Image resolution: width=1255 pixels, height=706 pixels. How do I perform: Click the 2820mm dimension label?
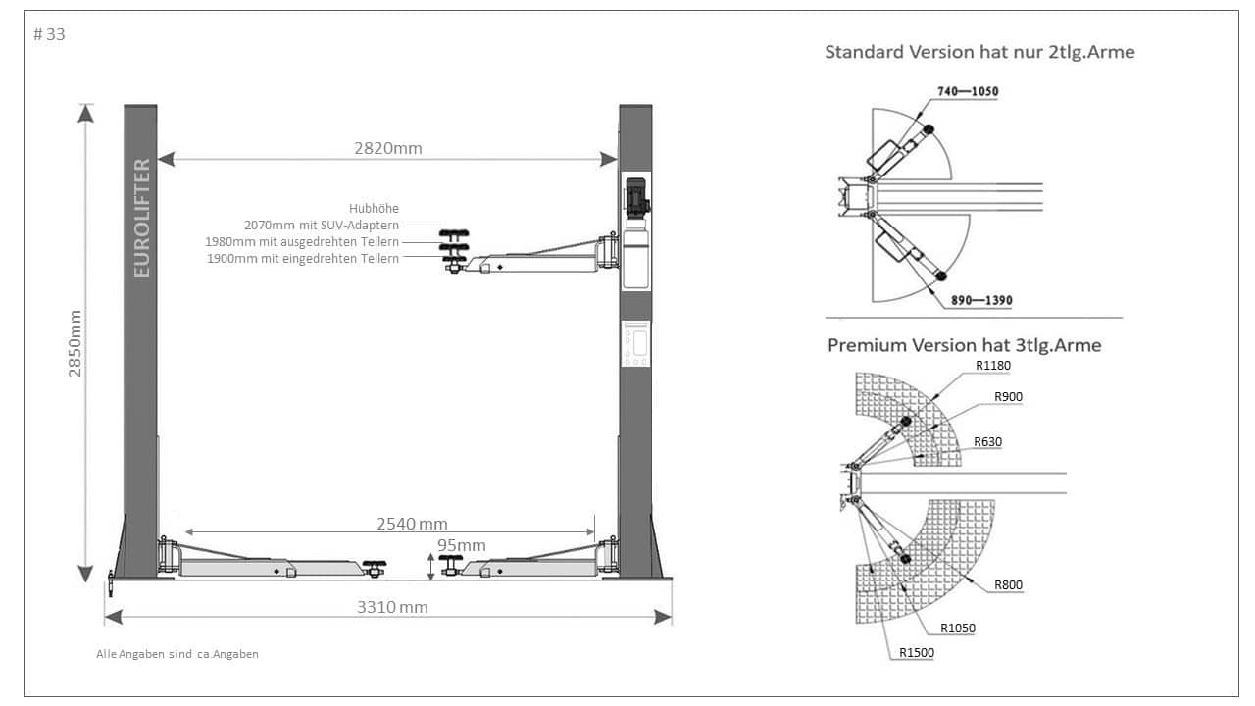(387, 148)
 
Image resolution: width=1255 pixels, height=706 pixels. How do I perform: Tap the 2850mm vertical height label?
(75, 343)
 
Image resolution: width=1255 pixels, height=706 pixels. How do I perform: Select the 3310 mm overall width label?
(392, 607)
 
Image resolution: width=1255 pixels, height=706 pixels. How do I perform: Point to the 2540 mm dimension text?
(412, 524)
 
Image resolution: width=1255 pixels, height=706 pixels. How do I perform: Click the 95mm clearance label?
(461, 545)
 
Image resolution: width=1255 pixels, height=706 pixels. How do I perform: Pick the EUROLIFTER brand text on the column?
(142, 218)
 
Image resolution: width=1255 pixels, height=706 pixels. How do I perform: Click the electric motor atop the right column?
(636, 198)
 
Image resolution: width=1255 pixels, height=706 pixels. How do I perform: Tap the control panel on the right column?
(636, 343)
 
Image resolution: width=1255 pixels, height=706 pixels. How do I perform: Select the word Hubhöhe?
(374, 209)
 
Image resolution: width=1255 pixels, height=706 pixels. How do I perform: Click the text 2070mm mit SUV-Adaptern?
(322, 226)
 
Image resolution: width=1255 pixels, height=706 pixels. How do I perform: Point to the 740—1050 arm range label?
(968, 91)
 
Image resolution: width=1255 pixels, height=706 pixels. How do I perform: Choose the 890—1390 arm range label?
(981, 300)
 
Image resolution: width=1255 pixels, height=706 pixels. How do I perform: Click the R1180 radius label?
(993, 366)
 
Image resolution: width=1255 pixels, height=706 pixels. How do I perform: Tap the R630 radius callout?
(987, 442)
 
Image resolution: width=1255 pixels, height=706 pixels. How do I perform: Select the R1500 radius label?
(917, 653)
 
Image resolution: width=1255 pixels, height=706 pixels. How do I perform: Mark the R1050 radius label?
(958, 629)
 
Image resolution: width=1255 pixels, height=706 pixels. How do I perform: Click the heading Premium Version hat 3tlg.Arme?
(964, 345)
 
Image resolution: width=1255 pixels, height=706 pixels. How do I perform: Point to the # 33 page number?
(49, 34)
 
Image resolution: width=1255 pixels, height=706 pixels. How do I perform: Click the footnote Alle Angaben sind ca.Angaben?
(177, 654)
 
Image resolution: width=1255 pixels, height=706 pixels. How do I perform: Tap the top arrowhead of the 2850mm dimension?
(85, 113)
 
